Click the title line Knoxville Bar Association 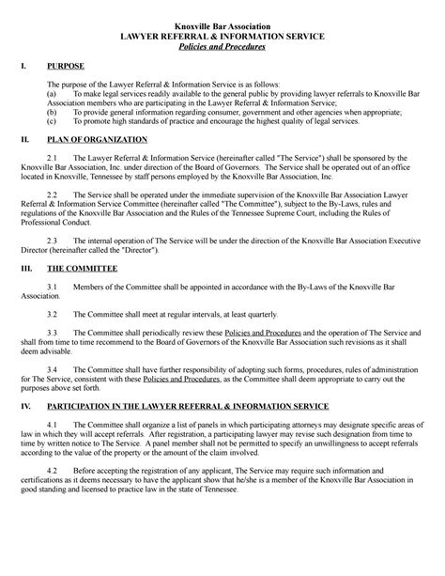(222, 23)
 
